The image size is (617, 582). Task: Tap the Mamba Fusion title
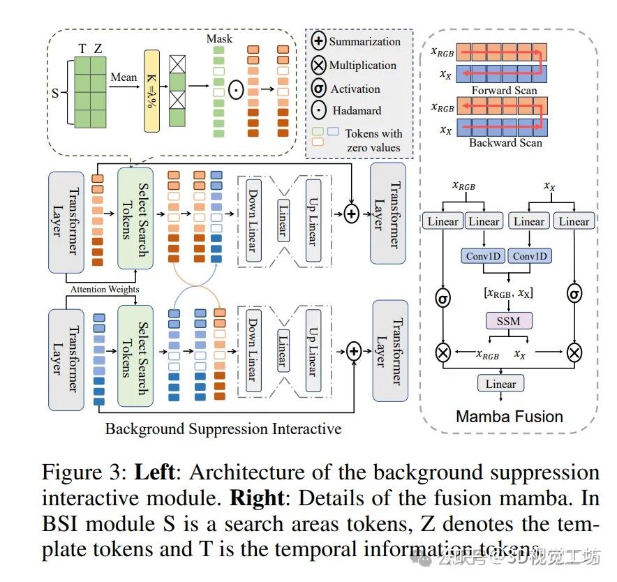pyautogui.click(x=509, y=417)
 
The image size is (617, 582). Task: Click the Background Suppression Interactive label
pyautogui.click(x=223, y=428)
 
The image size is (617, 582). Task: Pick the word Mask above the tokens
pyautogui.click(x=219, y=40)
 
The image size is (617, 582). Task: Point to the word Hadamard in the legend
pyautogui.click(x=356, y=111)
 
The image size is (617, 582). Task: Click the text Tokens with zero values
pyautogui.click(x=373, y=140)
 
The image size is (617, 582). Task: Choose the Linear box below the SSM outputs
pyautogui.click(x=500, y=384)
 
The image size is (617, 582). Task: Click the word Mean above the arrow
pyautogui.click(x=124, y=76)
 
